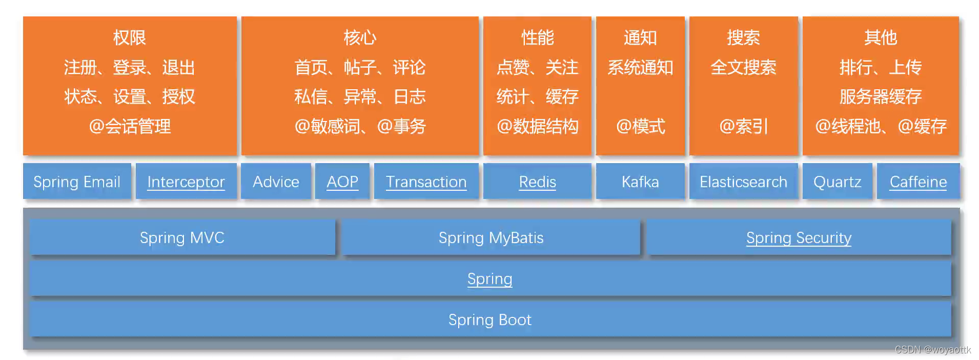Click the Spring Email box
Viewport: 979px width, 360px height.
[x=77, y=182]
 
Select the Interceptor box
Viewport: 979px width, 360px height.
[x=186, y=182]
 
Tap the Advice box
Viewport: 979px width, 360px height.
[x=276, y=182]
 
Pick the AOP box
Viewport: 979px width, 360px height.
[x=342, y=182]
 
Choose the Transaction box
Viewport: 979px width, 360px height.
[x=426, y=182]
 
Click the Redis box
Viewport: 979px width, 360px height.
[x=537, y=182]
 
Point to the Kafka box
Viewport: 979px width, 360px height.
[x=640, y=182]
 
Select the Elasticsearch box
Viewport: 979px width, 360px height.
[x=743, y=182]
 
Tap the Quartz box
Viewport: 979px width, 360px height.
[x=837, y=182]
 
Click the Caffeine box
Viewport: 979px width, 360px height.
[x=918, y=182]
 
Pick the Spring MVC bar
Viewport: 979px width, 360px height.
[x=182, y=237]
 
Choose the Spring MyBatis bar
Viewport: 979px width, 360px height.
[x=491, y=237]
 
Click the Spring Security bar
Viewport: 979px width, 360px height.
[x=799, y=237]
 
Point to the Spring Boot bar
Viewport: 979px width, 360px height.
[x=489, y=319]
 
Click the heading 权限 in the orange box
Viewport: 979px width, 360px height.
[x=130, y=37]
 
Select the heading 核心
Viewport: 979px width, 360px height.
[x=360, y=37]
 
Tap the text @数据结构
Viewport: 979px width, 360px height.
[x=537, y=126]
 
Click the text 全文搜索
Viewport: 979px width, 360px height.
[x=743, y=67]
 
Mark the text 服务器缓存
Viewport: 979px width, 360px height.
[x=880, y=96]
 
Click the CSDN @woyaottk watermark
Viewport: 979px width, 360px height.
[x=932, y=350]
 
